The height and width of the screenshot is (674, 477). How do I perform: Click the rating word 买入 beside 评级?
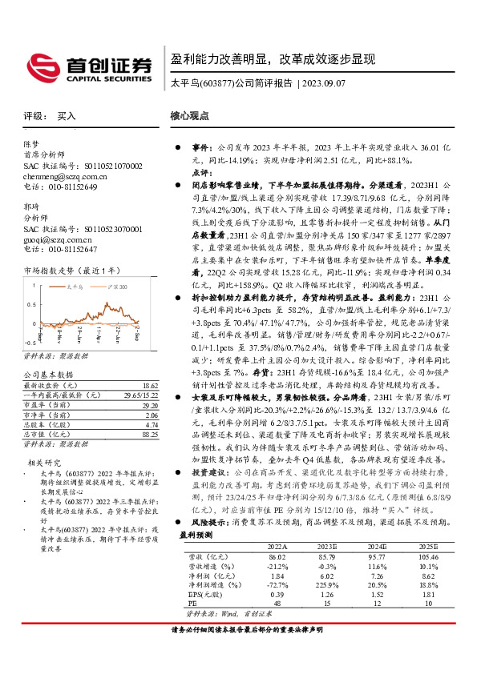pos(67,116)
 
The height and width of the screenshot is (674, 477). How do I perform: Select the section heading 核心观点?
pos(190,116)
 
